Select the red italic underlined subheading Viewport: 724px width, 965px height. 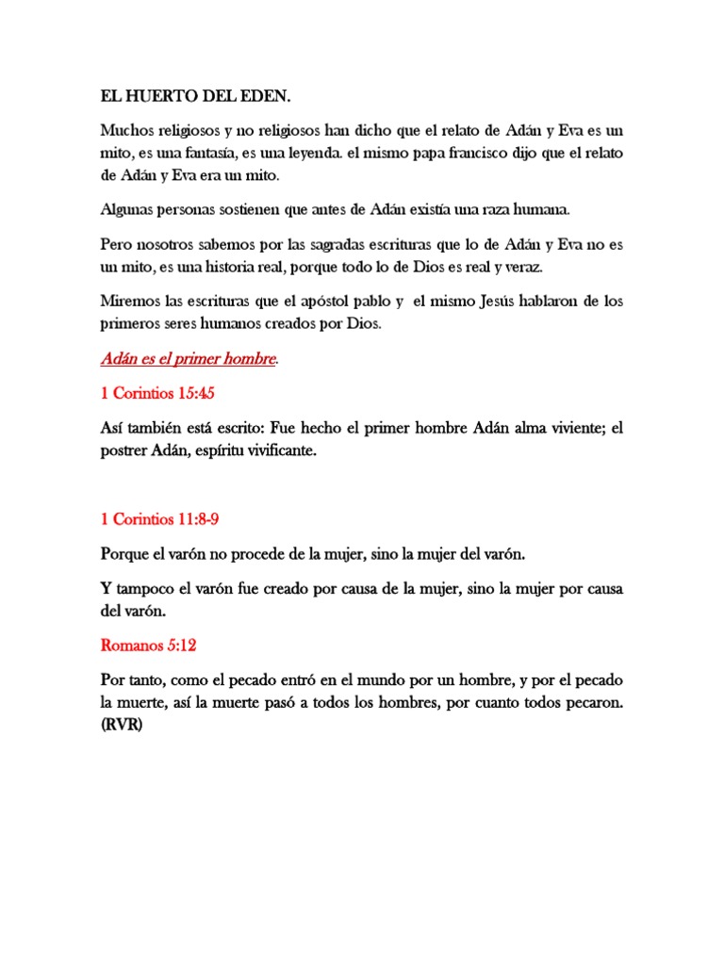click(x=188, y=359)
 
